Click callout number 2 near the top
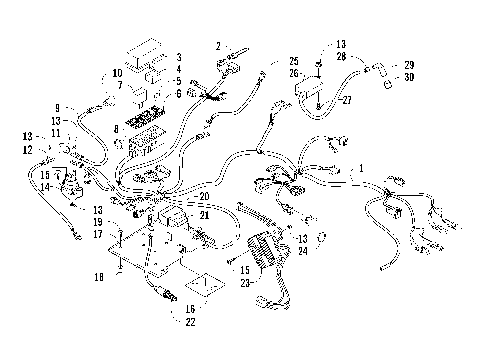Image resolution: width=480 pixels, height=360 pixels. pyautogui.click(x=218, y=46)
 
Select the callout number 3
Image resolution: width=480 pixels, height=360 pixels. pyautogui.click(x=178, y=58)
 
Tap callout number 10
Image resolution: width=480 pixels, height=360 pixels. pyautogui.click(x=117, y=74)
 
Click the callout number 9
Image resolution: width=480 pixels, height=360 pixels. pyautogui.click(x=58, y=108)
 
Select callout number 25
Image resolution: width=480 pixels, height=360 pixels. pyautogui.click(x=294, y=60)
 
